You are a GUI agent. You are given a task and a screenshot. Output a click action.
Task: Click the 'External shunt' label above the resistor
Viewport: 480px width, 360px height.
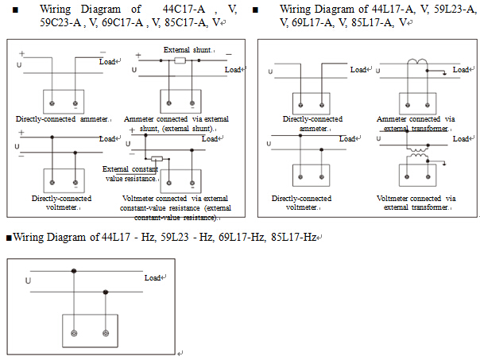coord(188,50)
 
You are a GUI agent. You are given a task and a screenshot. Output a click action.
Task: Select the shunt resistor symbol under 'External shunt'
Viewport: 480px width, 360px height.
coord(180,60)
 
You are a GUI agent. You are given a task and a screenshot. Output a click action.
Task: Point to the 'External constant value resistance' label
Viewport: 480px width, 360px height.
coord(130,173)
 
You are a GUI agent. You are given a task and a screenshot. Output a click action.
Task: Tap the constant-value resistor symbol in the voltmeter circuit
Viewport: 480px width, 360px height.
coord(157,159)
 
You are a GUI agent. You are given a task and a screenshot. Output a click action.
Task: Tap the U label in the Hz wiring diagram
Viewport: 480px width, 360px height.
coord(29,280)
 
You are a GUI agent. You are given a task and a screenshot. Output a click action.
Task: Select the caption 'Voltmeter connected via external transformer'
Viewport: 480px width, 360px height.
coord(416,203)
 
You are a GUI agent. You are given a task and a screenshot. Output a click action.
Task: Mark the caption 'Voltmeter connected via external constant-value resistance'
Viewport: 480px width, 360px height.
coord(176,207)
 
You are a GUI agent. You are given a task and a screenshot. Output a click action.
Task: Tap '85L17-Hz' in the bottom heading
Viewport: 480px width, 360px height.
coord(295,237)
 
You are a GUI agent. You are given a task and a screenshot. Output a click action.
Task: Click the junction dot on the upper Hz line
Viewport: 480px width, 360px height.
coord(75,271)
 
